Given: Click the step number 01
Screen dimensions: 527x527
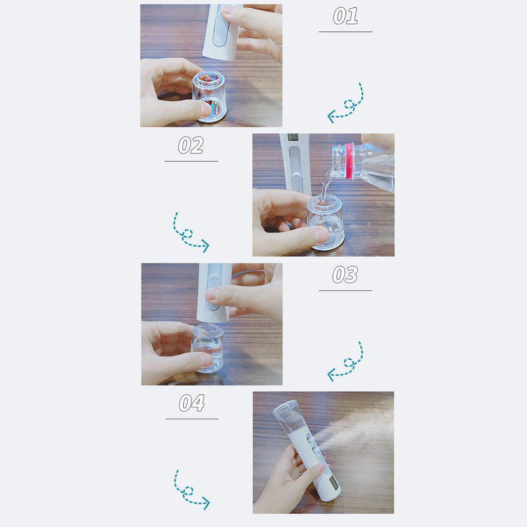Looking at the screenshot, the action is pyautogui.click(x=345, y=16).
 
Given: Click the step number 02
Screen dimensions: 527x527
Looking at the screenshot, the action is pyautogui.click(x=190, y=145).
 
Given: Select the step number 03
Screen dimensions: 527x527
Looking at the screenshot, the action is pyautogui.click(x=345, y=275).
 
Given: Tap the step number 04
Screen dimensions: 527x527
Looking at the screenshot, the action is pyautogui.click(x=191, y=403).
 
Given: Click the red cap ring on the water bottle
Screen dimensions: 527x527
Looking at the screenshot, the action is pyautogui.click(x=349, y=161).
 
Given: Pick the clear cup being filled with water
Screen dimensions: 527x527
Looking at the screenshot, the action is pyautogui.click(x=326, y=222).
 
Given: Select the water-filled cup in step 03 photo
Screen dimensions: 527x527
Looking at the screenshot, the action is pyautogui.click(x=208, y=348).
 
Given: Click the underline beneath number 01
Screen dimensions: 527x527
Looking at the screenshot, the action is pyautogui.click(x=345, y=31).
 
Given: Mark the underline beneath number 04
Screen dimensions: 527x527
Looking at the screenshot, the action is pyautogui.click(x=192, y=419).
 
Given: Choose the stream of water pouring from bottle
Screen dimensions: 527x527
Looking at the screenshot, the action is pyautogui.click(x=325, y=186).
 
